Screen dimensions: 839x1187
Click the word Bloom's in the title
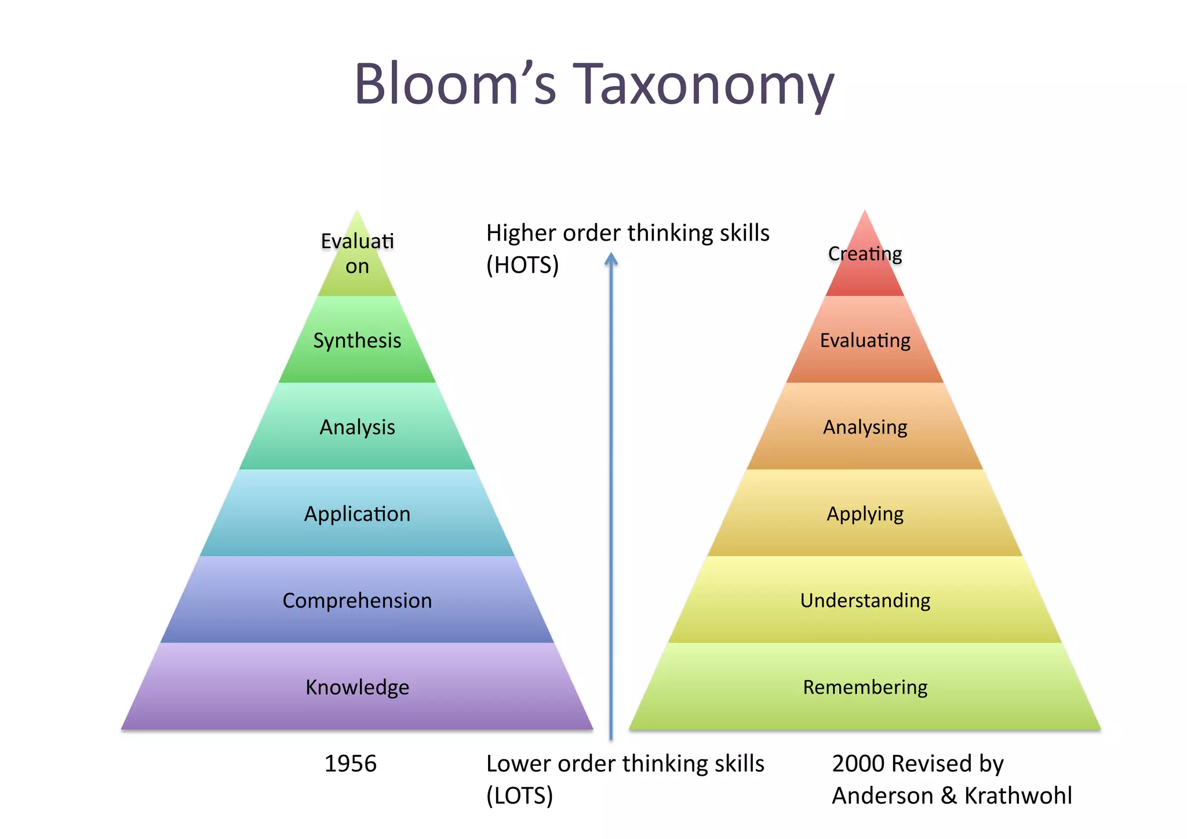(455, 85)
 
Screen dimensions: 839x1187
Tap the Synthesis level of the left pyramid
(357, 340)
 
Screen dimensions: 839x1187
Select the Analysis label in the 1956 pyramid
(357, 427)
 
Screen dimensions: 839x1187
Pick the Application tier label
(357, 514)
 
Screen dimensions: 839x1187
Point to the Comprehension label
(357, 601)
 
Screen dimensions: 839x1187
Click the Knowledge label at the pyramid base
(357, 687)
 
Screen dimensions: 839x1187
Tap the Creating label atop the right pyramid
(865, 253)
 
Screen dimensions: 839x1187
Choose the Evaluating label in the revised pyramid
(865, 340)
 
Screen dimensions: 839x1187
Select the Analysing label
(865, 427)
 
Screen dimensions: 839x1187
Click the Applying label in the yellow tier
(865, 514)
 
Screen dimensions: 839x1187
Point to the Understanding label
(865, 601)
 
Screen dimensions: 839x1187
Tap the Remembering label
(865, 687)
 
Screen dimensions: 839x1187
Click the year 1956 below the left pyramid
(350, 764)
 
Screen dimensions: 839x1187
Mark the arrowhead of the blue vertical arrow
(611, 259)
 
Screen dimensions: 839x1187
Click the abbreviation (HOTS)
(522, 265)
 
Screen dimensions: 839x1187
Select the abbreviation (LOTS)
(519, 796)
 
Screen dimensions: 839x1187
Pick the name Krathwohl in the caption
(1018, 796)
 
